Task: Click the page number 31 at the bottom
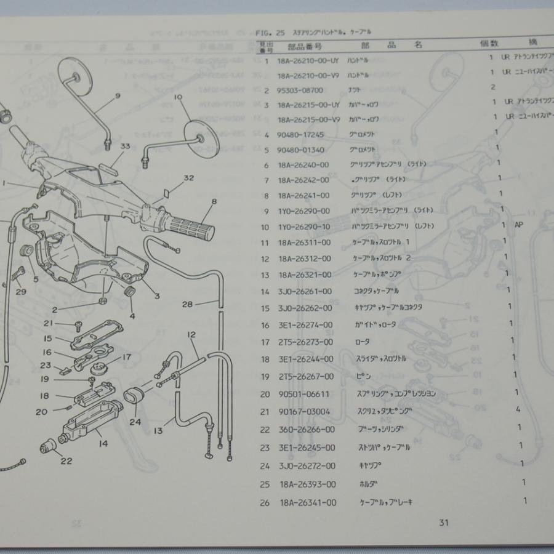point(444,523)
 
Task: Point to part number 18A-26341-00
point(308,503)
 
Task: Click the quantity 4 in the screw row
point(518,409)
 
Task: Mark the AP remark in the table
point(520,225)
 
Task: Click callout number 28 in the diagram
point(188,303)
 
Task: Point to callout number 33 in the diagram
point(125,147)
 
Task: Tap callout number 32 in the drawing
point(188,179)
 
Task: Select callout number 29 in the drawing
point(21,291)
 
